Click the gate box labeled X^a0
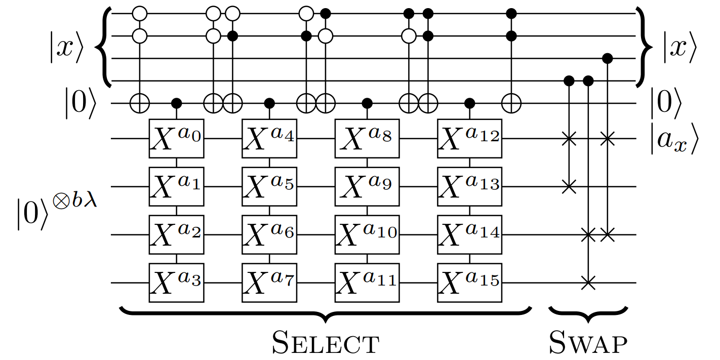point(176,138)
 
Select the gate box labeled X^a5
point(269,186)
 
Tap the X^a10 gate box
point(367,234)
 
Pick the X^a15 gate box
point(469,282)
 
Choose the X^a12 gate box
point(469,138)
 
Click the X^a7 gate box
point(269,282)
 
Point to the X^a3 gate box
point(176,282)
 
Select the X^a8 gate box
point(367,138)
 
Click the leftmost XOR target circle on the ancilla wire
point(139,104)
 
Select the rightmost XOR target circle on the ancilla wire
point(511,104)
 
